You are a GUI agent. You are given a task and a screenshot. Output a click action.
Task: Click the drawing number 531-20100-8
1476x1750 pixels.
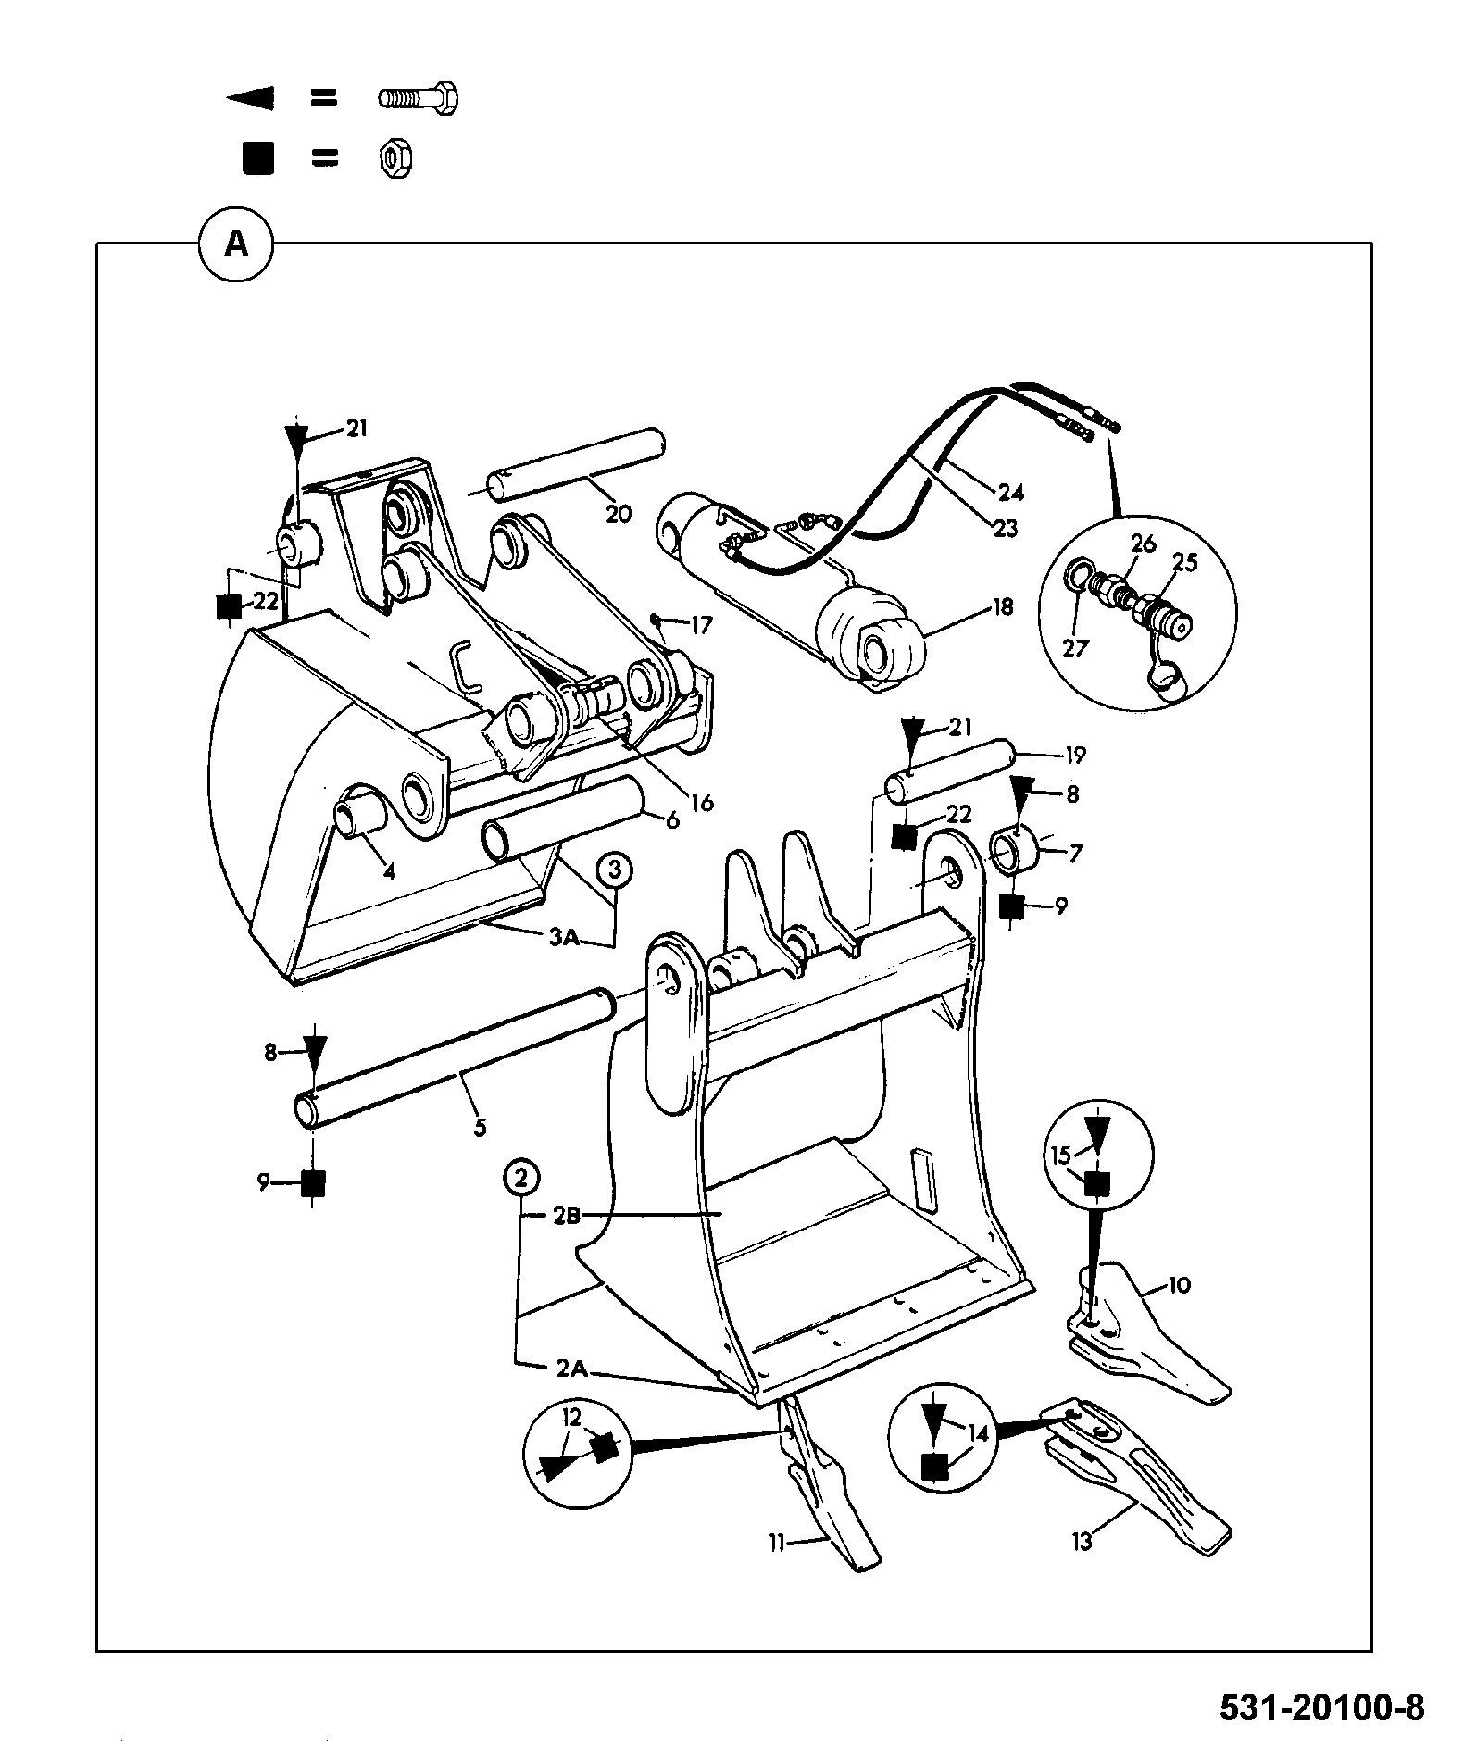tap(1321, 1706)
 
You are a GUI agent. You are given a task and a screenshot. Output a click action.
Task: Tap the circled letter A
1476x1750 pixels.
tap(237, 245)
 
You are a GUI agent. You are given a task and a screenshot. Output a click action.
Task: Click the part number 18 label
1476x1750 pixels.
tap(1003, 606)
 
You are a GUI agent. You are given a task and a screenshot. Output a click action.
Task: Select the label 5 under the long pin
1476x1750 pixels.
tap(480, 1128)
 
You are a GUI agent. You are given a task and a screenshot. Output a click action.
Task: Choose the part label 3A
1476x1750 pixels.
tap(564, 938)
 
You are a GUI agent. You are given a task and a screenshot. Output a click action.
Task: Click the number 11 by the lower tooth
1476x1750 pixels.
tap(776, 1542)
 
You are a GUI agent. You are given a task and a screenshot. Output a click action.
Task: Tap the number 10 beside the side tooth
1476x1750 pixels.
tap(1180, 1285)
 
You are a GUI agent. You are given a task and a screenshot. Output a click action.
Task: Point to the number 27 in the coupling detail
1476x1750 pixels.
tap(1074, 647)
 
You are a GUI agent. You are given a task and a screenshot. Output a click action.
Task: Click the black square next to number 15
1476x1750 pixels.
tap(1097, 1183)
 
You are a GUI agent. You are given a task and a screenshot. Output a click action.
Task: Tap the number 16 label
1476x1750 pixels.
tap(703, 802)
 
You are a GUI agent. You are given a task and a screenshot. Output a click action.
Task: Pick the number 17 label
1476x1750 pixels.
tap(701, 626)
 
